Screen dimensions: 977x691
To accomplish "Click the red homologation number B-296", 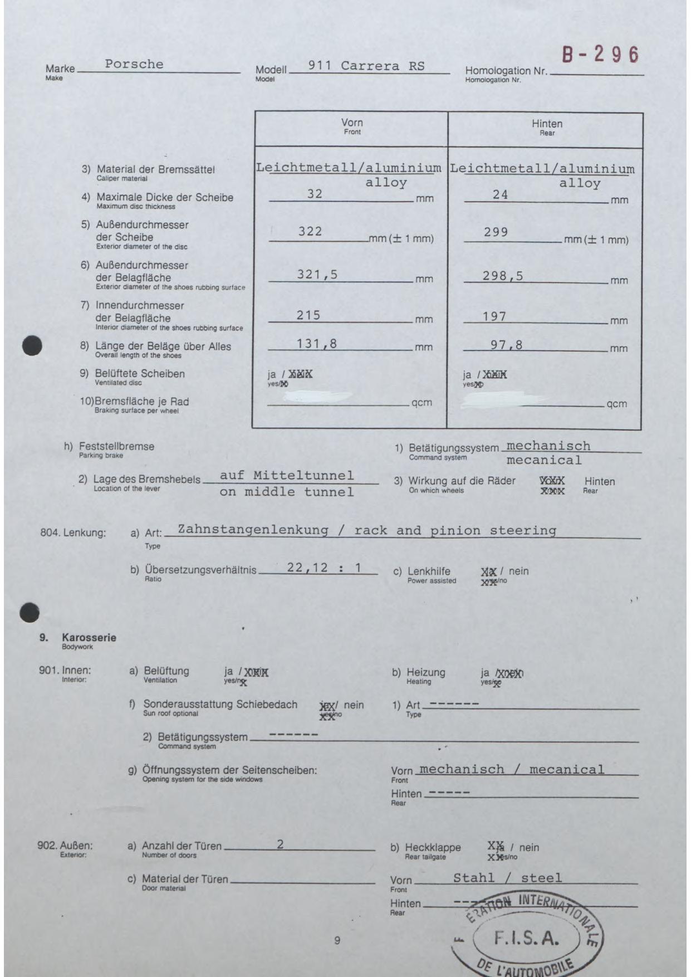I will pyautogui.click(x=600, y=55).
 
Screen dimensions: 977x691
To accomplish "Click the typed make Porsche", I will pyautogui.click(x=134, y=64).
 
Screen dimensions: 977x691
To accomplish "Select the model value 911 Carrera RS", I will pyautogui.click(x=366, y=66).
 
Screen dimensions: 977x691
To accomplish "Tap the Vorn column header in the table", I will pyautogui.click(x=352, y=123).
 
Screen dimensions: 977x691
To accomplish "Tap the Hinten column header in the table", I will pyautogui.click(x=547, y=124).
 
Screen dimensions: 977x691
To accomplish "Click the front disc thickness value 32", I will pyautogui.click(x=315, y=194).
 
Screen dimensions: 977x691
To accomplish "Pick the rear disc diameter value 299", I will pyautogui.click(x=496, y=232).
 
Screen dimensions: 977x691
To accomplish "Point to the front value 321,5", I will pyautogui.click(x=317, y=274).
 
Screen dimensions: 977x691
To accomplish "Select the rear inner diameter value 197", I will pyautogui.click(x=494, y=316).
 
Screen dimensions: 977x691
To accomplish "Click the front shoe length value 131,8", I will pyautogui.click(x=317, y=344).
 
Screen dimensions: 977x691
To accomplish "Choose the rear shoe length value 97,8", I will pyautogui.click(x=507, y=345).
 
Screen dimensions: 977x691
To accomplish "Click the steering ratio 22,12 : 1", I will pyautogui.click(x=324, y=568).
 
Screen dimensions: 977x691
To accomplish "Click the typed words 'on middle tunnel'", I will pyautogui.click(x=286, y=491).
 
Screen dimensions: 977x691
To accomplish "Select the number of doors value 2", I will pyautogui.click(x=280, y=844).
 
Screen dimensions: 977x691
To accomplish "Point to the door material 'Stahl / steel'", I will pyautogui.click(x=507, y=878).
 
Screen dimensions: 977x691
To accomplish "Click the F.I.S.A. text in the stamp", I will pyautogui.click(x=526, y=939).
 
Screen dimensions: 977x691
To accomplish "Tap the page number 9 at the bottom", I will pyautogui.click(x=337, y=941).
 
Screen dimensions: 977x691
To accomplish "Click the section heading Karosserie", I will pyautogui.click(x=89, y=638).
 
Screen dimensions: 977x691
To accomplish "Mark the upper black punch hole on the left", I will pyautogui.click(x=32, y=345).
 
